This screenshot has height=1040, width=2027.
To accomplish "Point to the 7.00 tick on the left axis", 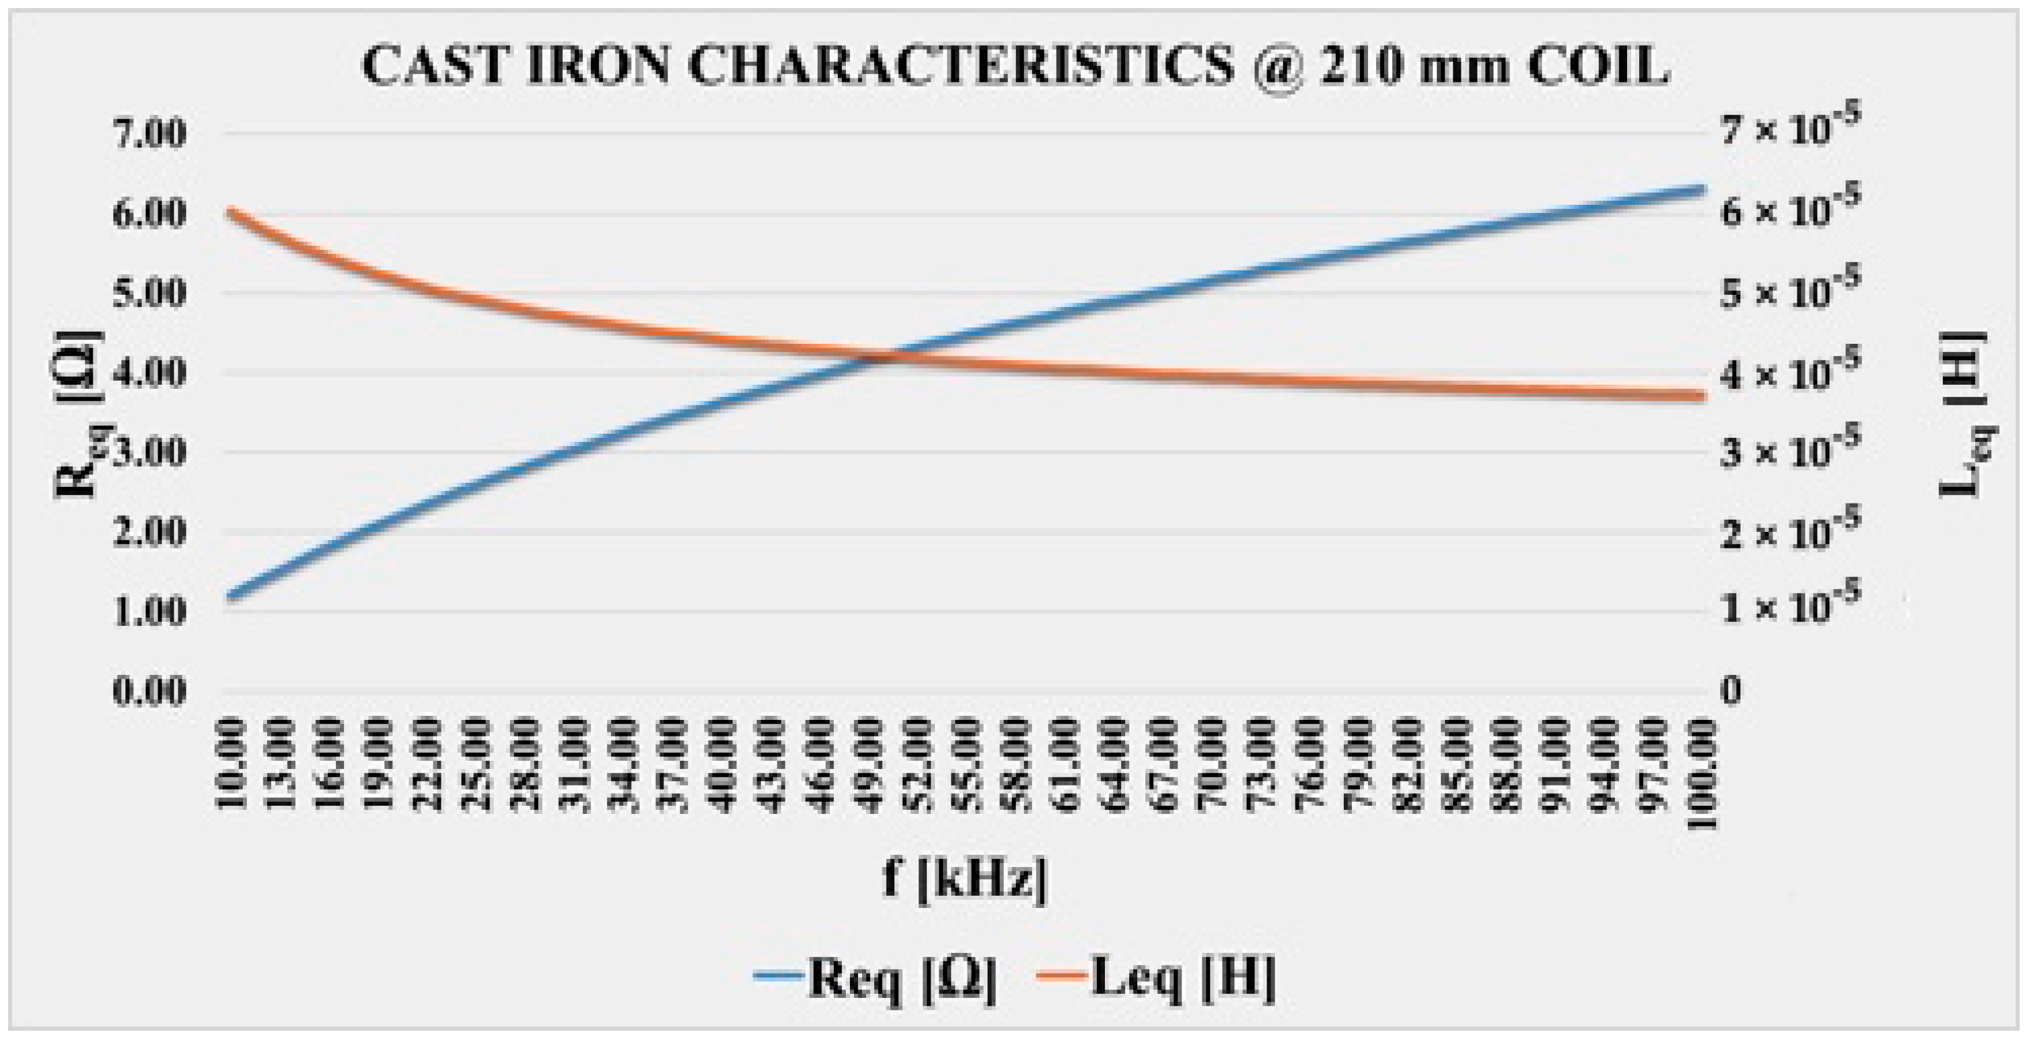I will point(150,134).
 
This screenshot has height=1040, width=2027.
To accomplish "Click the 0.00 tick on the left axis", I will point(150,692).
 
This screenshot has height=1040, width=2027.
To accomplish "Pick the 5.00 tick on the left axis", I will point(150,294).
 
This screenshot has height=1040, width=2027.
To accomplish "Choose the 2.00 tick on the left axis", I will point(150,532).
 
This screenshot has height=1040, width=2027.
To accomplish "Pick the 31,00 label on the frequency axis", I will point(578,763).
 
